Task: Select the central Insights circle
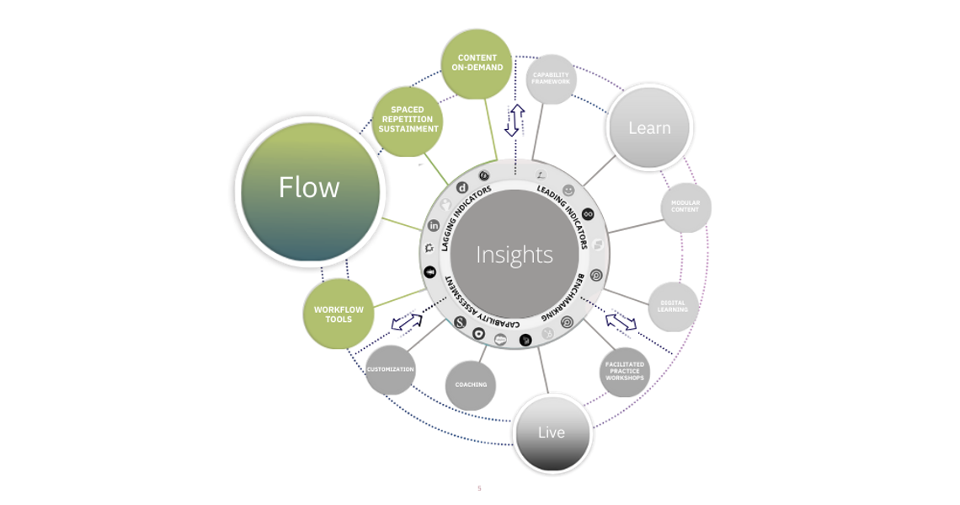pyautogui.click(x=514, y=254)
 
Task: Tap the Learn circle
pyautogui.click(x=649, y=127)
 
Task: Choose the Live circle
pyautogui.click(x=552, y=432)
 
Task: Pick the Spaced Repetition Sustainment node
pyautogui.click(x=408, y=120)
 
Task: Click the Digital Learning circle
pyautogui.click(x=673, y=305)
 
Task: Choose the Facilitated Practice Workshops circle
pyautogui.click(x=624, y=372)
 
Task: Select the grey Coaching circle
pyautogui.click(x=471, y=385)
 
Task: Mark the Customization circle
pyautogui.click(x=390, y=369)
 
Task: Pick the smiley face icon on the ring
pyautogui.click(x=568, y=190)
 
